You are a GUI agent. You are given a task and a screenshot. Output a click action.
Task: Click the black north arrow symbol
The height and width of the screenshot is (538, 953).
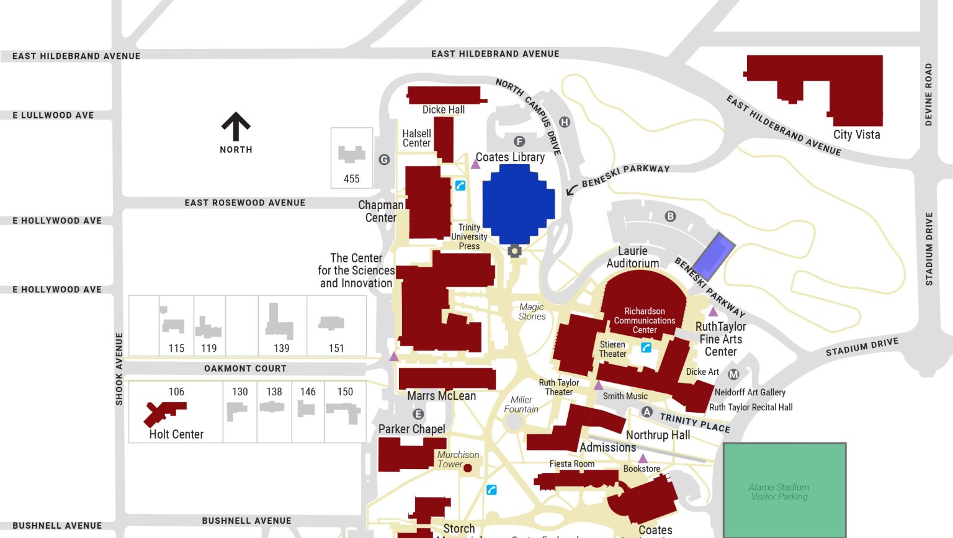tap(236, 127)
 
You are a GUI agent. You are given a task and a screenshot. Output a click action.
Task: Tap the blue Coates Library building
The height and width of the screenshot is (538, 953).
tap(518, 204)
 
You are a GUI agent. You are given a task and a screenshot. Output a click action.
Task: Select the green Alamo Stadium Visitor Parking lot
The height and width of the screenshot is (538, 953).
tap(784, 490)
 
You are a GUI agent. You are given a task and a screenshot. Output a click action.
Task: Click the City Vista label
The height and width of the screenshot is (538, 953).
tap(856, 135)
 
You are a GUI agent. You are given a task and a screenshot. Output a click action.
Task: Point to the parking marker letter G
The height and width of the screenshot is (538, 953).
tap(384, 159)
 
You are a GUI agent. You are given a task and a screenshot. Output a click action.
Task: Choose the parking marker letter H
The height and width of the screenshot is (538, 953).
tap(564, 122)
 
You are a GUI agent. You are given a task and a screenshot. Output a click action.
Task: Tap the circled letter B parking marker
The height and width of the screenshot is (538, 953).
tap(670, 217)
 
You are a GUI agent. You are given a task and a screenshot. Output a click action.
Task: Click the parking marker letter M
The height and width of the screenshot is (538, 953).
tap(733, 374)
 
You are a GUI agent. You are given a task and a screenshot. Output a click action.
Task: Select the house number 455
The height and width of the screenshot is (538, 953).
tap(351, 179)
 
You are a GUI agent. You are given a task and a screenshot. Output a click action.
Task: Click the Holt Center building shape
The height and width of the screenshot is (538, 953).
tap(164, 412)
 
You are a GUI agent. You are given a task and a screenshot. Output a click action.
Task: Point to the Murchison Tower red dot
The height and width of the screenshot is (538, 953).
tap(468, 468)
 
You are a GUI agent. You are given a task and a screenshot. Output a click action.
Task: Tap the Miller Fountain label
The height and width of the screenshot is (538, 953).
tap(521, 405)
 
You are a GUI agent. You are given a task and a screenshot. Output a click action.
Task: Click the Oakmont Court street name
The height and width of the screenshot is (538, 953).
tap(245, 369)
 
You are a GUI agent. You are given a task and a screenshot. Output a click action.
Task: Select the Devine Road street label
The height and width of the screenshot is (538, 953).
tap(928, 94)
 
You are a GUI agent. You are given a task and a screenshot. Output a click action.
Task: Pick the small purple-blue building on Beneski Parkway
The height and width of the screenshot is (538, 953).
tap(713, 255)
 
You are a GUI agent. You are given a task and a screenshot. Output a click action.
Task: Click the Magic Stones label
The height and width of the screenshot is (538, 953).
tap(532, 312)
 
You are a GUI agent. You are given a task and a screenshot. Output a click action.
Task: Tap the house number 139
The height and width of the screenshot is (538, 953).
tap(281, 348)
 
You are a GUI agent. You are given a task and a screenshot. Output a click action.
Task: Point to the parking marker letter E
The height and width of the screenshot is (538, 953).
tap(418, 414)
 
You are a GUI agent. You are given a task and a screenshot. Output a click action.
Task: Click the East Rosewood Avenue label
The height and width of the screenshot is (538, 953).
tap(244, 203)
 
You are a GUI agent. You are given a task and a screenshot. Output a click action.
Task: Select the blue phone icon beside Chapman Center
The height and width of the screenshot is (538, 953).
tap(460, 185)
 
